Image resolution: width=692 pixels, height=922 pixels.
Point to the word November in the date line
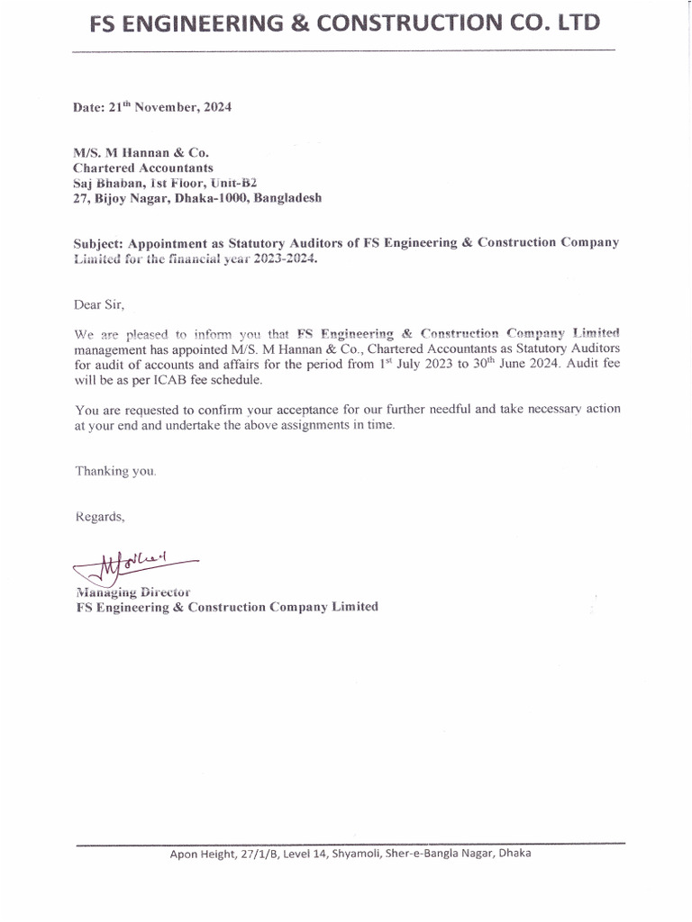(168, 107)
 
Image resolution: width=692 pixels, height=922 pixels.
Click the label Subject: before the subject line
(98, 243)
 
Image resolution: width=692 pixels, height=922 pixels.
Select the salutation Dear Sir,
(98, 304)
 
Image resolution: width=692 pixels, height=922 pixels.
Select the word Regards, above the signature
(100, 517)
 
